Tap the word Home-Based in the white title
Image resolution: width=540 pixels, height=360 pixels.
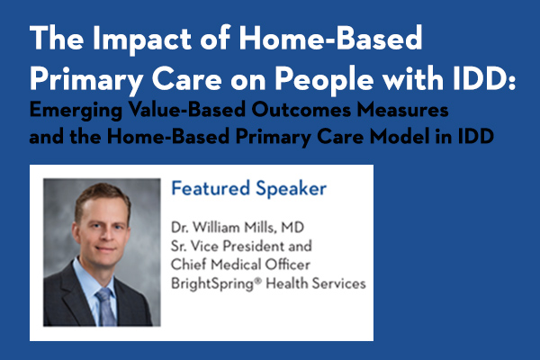pyautogui.click(x=330, y=37)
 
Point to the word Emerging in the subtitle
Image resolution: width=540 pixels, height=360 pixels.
pyautogui.click(x=76, y=111)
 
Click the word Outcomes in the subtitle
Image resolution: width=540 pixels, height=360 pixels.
pyautogui.click(x=301, y=110)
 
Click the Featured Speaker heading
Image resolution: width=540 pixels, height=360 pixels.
pyautogui.click(x=249, y=188)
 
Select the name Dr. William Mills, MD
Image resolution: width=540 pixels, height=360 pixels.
pyautogui.click(x=238, y=228)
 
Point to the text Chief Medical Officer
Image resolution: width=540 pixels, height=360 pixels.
pyautogui.click(x=240, y=265)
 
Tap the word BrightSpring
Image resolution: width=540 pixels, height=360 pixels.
pyautogui.click(x=212, y=284)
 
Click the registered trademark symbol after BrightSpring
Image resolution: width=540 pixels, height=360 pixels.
pyautogui.click(x=258, y=281)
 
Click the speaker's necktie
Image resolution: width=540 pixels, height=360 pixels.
pyautogui.click(x=105, y=307)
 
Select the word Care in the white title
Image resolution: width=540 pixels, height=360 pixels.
pyautogui.click(x=186, y=79)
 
